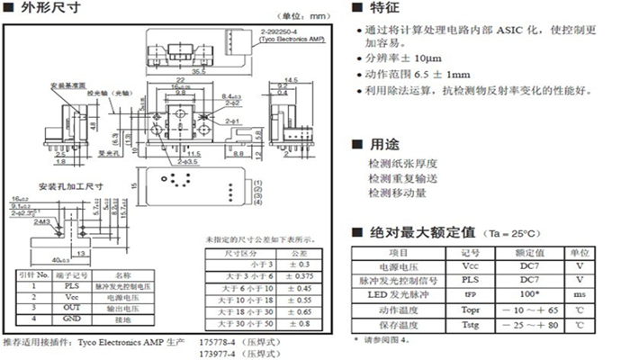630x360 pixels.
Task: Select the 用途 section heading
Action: [x=387, y=145]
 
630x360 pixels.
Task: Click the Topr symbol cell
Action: [x=471, y=308]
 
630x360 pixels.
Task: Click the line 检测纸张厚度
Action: [x=402, y=164]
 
